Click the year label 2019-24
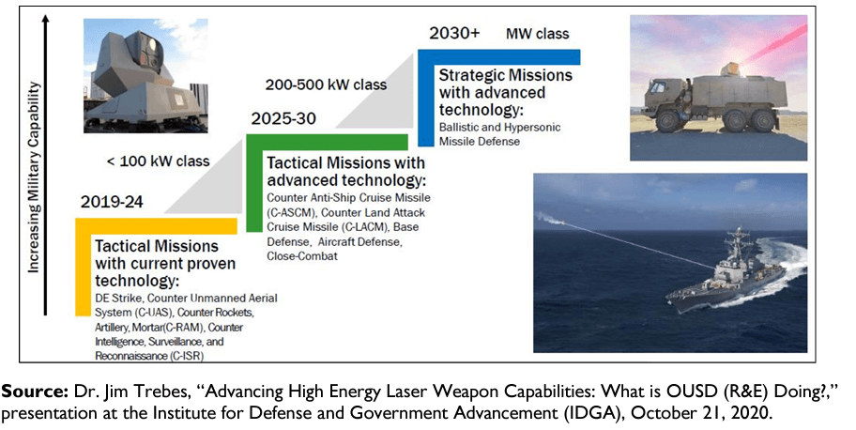pos(112,202)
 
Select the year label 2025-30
pos(283,118)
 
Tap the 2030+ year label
pos(454,33)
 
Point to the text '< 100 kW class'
pos(159,161)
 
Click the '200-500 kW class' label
pos(326,84)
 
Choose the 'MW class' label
pos(537,34)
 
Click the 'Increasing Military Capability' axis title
pos(34,177)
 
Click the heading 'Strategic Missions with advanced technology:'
pos(506,92)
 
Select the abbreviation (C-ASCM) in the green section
pos(290,212)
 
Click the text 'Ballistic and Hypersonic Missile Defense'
pos(499,134)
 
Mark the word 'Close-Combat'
pos(302,255)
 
